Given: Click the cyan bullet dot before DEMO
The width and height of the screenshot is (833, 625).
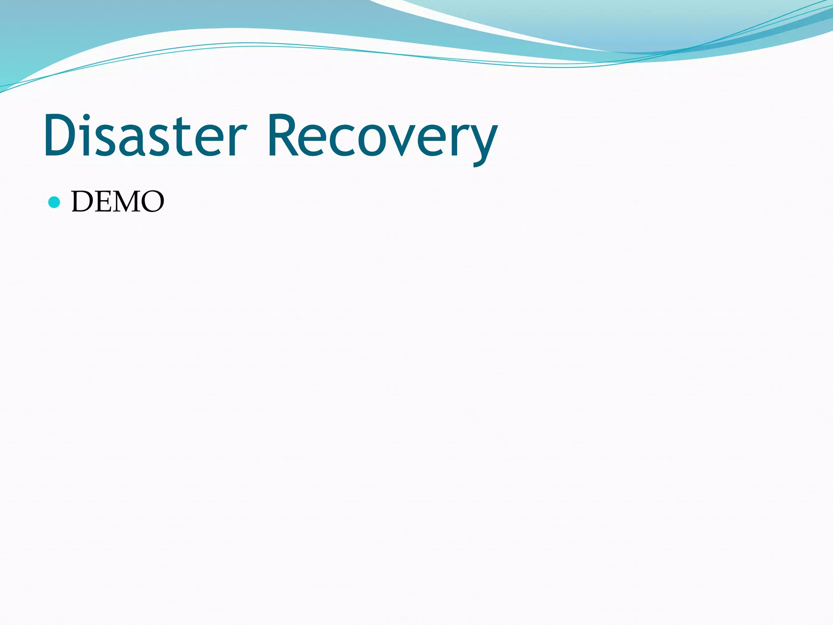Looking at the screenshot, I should pyautogui.click(x=54, y=202).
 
